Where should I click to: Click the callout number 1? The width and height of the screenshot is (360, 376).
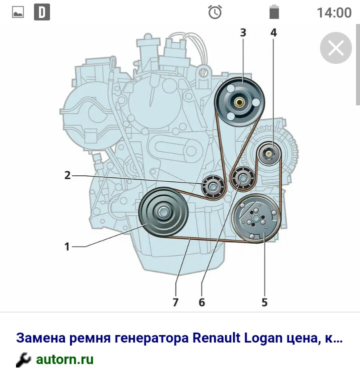67,247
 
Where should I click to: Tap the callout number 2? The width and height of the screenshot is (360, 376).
67,175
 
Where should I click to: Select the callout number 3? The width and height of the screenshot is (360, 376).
243,32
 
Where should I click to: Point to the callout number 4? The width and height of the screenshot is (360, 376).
273,32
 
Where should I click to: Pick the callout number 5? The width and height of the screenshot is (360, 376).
264,302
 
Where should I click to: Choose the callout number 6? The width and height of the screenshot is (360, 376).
201,302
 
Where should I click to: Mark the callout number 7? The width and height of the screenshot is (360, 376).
175,302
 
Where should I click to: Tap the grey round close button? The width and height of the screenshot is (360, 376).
336,48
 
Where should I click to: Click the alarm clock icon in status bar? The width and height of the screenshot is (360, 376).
214,12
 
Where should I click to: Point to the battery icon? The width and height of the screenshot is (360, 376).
274,12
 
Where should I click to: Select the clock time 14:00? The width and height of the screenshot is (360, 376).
334,12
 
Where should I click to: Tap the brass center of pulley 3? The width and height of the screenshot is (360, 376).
239,102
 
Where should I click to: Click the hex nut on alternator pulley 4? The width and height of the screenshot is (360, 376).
268,153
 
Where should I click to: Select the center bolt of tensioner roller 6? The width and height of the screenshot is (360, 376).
242,178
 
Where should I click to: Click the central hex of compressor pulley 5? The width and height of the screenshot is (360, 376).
255,218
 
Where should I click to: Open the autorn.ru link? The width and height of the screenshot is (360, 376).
64,360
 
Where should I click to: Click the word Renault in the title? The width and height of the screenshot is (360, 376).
216,338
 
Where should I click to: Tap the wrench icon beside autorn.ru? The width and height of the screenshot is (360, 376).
23,360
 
